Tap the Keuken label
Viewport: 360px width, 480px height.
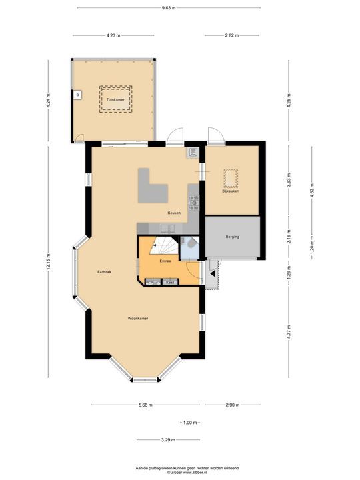tap(174, 213)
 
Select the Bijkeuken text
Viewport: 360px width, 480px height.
tap(231, 192)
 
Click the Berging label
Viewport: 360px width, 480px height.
tap(232, 237)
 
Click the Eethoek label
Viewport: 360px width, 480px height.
tap(104, 271)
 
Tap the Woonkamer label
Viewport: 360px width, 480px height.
tap(138, 319)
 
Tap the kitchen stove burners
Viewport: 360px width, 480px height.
tap(194, 201)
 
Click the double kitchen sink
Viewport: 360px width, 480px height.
tap(166, 228)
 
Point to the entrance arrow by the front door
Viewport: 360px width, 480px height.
tap(212, 273)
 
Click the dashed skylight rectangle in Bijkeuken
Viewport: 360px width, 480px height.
tap(230, 179)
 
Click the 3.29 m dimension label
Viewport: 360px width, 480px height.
tap(168, 440)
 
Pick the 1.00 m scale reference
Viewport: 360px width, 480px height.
tap(190, 423)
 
